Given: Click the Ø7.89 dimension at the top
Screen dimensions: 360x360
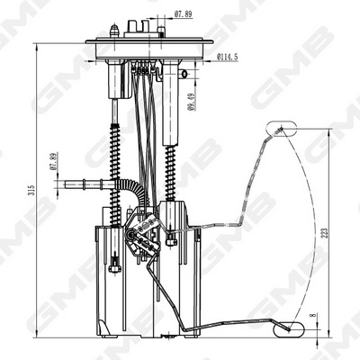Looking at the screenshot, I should (x=183, y=14).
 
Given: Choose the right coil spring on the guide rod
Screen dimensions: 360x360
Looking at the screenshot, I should (x=170, y=171).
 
